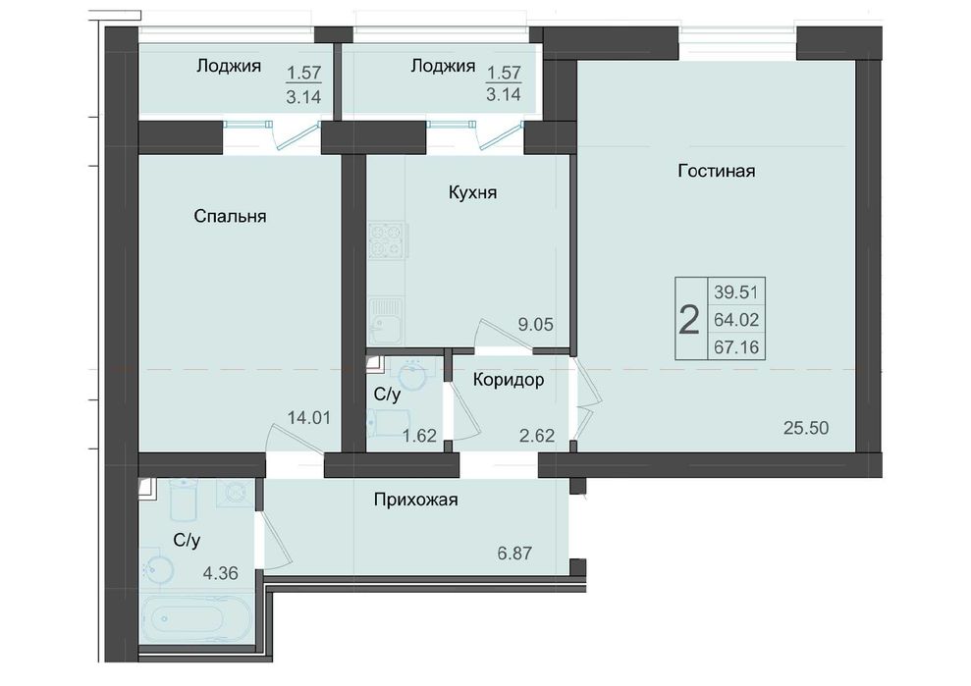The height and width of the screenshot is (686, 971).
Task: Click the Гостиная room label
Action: click(x=717, y=171)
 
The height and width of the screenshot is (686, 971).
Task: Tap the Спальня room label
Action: click(x=230, y=216)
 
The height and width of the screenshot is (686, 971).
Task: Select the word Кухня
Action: click(x=472, y=192)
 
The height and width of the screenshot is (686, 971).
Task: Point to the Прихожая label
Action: click(x=415, y=500)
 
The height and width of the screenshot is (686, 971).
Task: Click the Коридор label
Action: click(x=509, y=380)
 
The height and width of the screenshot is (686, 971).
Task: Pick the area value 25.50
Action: click(x=806, y=428)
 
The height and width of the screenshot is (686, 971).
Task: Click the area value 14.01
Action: click(x=309, y=418)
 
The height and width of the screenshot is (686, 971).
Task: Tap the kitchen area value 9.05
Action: click(x=536, y=324)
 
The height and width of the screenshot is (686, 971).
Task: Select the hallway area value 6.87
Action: click(x=514, y=553)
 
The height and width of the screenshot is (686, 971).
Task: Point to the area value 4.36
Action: click(x=221, y=573)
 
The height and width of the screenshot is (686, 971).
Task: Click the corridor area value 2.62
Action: click(x=536, y=435)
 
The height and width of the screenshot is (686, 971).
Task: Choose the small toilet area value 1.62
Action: click(x=419, y=435)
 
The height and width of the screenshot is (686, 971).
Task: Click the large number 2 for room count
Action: click(x=689, y=320)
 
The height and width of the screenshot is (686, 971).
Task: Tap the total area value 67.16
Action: click(x=736, y=347)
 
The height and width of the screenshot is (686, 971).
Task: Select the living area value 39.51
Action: click(x=736, y=291)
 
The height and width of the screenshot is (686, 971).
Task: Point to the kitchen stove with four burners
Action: click(x=388, y=240)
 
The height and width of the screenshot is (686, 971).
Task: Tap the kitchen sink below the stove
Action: click(x=386, y=320)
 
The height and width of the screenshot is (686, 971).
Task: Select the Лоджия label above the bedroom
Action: click(x=229, y=66)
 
